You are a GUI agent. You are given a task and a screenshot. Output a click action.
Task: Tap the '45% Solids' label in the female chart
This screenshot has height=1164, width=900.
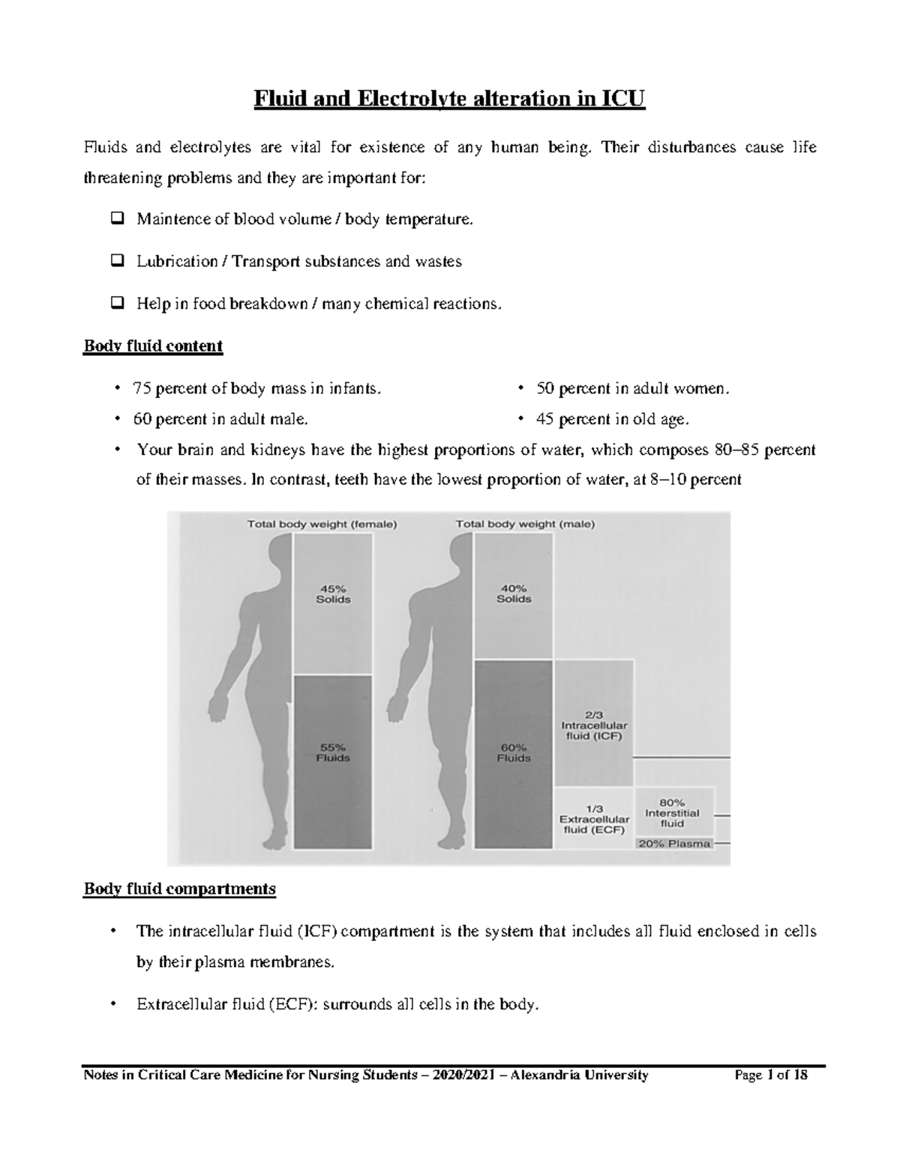(x=333, y=594)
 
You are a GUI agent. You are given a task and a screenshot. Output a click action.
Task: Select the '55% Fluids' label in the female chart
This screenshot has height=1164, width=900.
(x=333, y=752)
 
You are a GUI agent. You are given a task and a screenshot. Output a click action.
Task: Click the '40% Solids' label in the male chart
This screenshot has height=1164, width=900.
(x=514, y=594)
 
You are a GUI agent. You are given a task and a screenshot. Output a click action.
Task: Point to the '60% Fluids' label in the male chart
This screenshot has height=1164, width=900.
(x=514, y=753)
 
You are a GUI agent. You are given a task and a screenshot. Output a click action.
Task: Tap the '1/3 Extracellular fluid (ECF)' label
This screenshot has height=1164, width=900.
(x=592, y=819)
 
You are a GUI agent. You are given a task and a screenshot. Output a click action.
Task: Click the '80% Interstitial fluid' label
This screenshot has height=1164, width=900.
(x=672, y=812)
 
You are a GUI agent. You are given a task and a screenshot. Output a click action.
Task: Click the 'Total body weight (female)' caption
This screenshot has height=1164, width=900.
(x=322, y=525)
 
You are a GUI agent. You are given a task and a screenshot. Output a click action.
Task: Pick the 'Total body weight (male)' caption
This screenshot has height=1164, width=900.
(x=525, y=525)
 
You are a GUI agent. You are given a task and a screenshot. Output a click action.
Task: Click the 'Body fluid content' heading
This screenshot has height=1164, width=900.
(x=153, y=346)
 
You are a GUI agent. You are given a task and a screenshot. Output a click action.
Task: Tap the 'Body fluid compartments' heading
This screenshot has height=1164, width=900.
(x=179, y=889)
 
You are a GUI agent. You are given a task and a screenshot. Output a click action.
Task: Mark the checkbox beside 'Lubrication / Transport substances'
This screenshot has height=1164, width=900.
(x=117, y=262)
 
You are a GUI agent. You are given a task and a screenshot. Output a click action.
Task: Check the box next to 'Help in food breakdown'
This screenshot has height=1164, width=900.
(x=117, y=304)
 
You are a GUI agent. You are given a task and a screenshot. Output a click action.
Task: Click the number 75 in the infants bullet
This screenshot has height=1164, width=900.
(x=141, y=389)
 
